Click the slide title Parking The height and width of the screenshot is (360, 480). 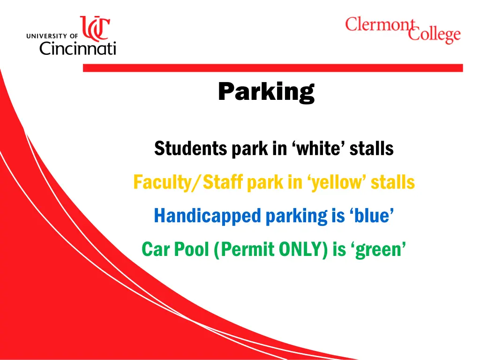click(x=266, y=91)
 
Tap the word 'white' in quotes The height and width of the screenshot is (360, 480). click(x=317, y=149)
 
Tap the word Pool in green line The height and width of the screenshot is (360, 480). click(x=192, y=249)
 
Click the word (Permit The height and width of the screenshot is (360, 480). click(x=243, y=249)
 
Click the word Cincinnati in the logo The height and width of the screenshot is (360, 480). click(x=77, y=47)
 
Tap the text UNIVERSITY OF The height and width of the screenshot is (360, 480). click(x=52, y=36)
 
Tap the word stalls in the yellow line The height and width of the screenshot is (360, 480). click(x=393, y=182)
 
